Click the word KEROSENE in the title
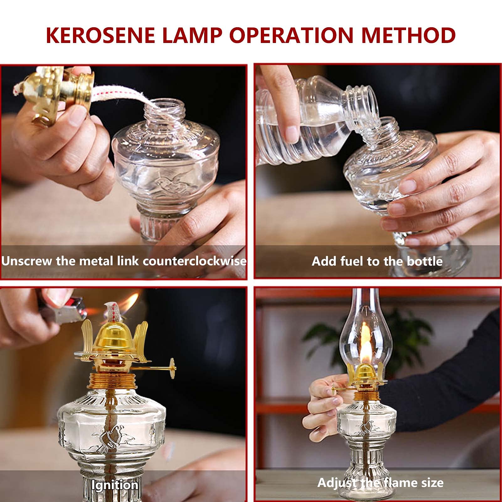point(101,35)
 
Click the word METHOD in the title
point(408,35)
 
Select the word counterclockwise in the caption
point(194,261)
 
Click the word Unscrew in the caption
point(27,261)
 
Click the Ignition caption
point(115,485)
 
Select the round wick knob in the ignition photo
point(172,368)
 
